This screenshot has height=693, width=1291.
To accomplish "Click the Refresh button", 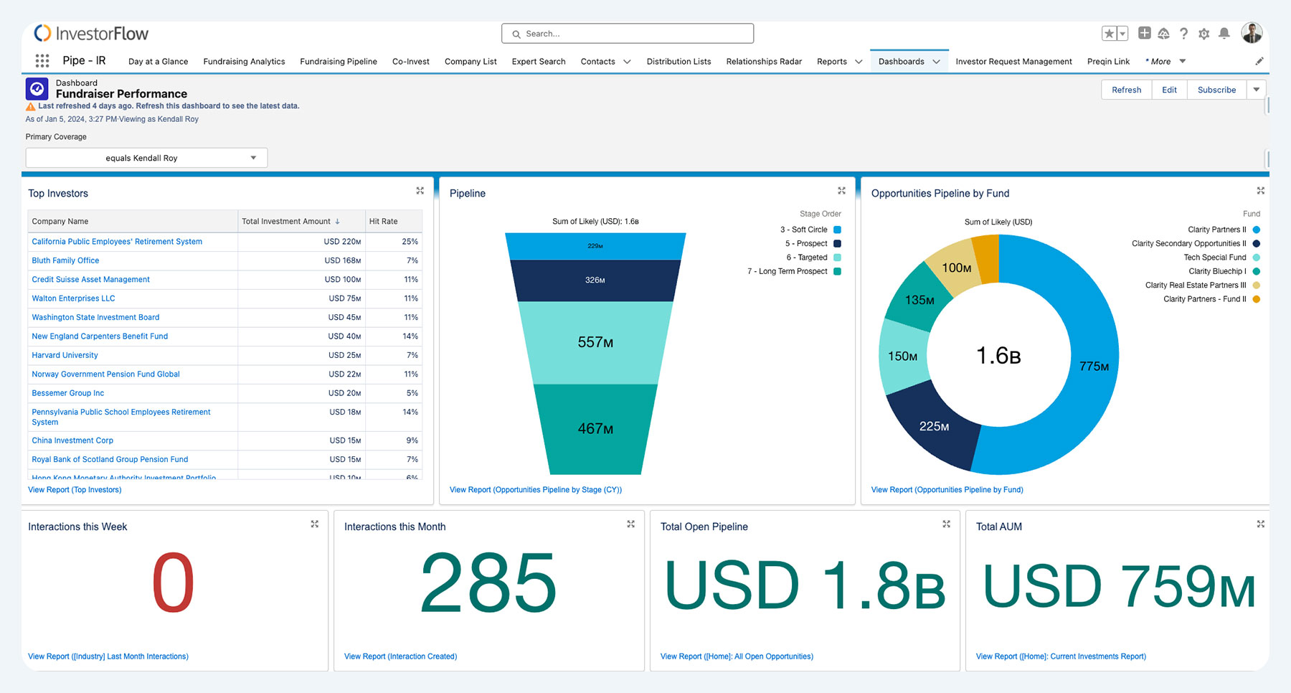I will (1126, 90).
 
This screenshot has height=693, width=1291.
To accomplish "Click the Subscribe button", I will (1216, 90).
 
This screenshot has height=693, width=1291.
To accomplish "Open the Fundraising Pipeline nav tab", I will (339, 62).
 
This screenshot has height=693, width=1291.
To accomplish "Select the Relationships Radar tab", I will (764, 62).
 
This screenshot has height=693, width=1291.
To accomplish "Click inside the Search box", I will (628, 34).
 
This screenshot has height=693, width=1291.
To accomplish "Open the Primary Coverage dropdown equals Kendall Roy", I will (146, 158).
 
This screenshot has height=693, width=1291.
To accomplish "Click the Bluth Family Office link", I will (65, 260).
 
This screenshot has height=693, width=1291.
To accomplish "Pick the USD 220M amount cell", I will (342, 242).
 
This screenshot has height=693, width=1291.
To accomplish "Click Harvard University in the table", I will (65, 355).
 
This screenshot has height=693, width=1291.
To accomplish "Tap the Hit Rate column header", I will (384, 221).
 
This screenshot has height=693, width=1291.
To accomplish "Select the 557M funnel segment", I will (595, 342).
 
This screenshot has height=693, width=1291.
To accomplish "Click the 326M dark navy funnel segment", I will (595, 280).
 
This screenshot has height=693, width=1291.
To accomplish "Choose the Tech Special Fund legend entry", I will (1214, 258).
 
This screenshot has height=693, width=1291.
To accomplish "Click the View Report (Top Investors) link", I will (75, 490).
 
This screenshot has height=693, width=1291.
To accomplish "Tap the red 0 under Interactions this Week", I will (173, 583).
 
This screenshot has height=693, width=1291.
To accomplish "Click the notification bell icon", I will (1224, 34).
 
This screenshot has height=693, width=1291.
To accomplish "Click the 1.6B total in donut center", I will (998, 355).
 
